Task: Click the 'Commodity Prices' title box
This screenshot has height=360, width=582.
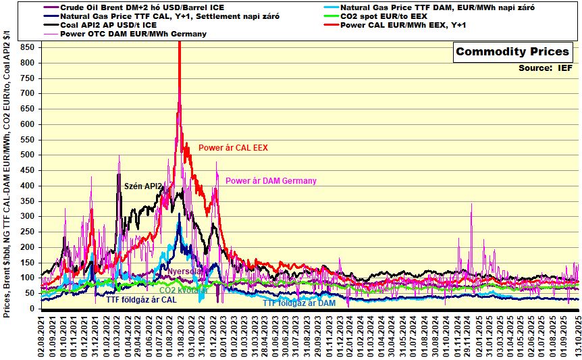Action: click(x=512, y=52)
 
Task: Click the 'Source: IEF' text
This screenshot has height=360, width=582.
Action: click(x=545, y=68)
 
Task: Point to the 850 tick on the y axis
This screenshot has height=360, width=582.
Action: click(x=28, y=47)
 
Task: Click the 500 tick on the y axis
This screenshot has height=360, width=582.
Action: click(x=28, y=155)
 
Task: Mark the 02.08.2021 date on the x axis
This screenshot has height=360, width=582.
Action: click(x=42, y=336)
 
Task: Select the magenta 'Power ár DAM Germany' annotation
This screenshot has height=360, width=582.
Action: click(x=271, y=181)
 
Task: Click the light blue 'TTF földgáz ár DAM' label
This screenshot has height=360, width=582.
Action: click(x=298, y=303)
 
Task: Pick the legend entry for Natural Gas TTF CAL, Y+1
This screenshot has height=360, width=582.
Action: click(x=169, y=16)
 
